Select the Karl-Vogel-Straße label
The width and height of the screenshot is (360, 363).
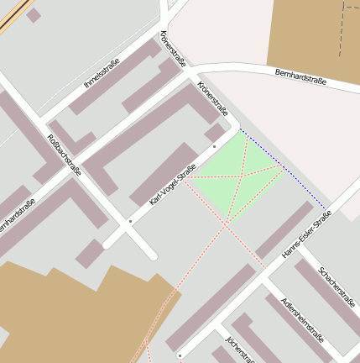pos(172,186)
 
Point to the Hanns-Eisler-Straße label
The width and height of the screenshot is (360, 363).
pos(306,233)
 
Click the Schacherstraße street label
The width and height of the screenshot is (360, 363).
pos(337,287)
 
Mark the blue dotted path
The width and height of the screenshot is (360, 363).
pos(283,168)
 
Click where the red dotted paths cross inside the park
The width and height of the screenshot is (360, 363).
pos(240,176)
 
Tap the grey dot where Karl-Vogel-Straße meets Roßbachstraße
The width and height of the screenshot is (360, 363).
pos(130,221)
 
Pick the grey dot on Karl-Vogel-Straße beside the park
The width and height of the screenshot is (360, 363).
pos(215,146)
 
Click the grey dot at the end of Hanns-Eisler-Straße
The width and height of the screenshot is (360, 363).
pos(178,354)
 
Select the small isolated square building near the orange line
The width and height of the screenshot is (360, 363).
pos(34,15)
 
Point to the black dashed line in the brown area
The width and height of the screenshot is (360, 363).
pos(343,29)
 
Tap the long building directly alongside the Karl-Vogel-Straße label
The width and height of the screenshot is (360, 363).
pos(164,172)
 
